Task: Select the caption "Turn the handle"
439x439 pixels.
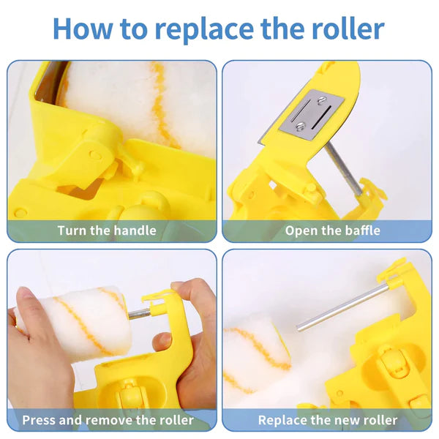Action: pos(107,230)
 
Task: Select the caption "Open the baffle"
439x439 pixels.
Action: pos(333,230)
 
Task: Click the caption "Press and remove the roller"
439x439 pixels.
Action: pos(108,420)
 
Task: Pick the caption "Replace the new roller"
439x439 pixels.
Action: pos(327,420)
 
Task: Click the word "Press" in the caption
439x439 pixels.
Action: pos(41,420)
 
